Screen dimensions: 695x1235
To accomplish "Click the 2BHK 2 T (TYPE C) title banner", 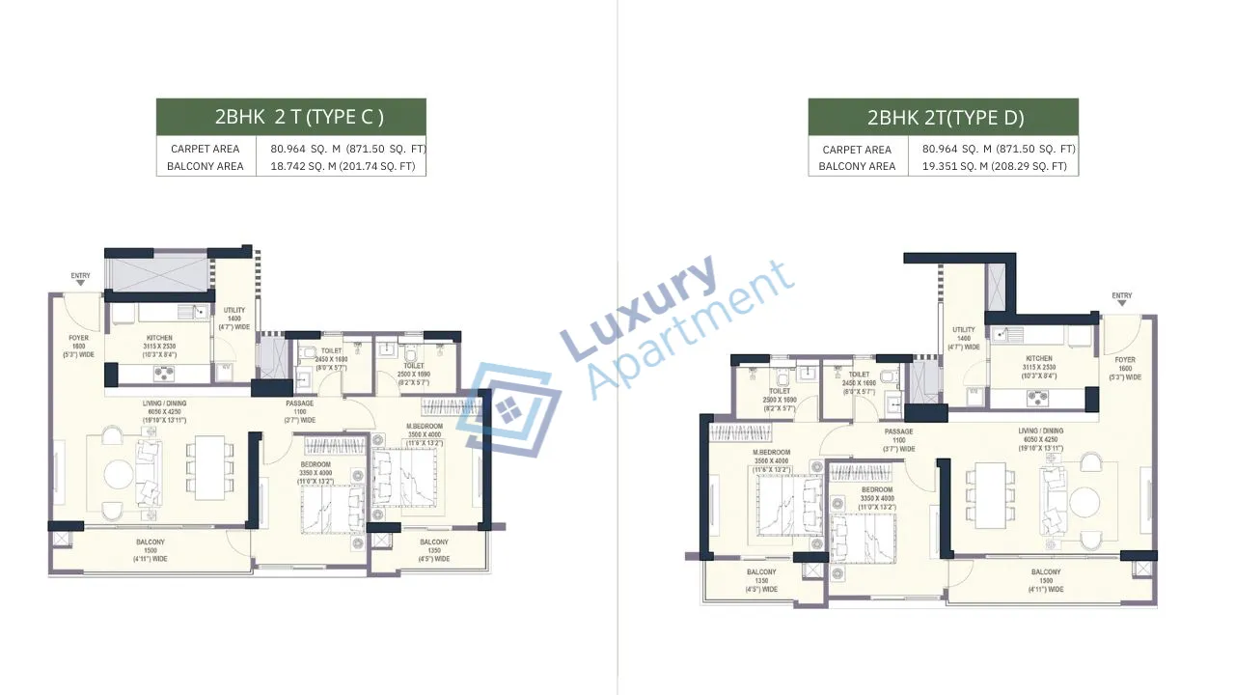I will coord(290,117).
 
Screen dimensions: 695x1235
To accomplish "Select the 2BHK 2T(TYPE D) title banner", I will coord(943,118).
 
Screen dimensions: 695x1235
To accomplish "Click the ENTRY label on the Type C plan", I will coord(80,276).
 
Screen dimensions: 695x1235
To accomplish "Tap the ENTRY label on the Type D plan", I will coord(1121,295).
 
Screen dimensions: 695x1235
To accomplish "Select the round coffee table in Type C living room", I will coord(120,473).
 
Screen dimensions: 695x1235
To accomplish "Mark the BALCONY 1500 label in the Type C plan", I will coord(150,550).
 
